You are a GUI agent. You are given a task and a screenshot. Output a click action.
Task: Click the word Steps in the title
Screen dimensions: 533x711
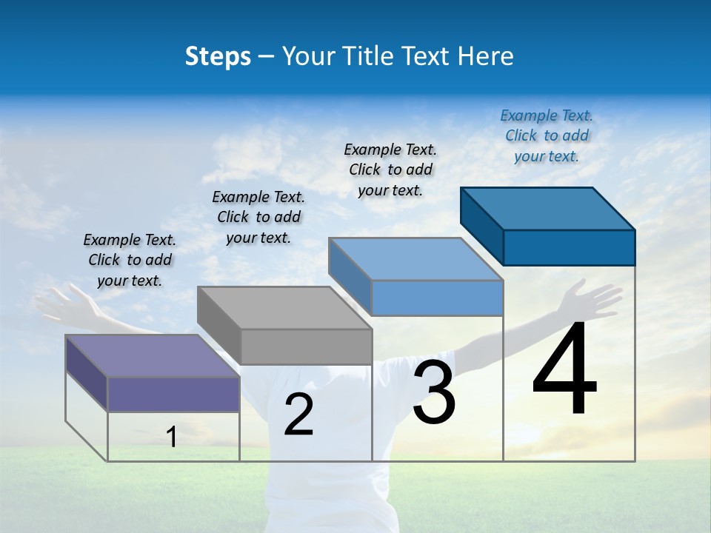click(x=218, y=56)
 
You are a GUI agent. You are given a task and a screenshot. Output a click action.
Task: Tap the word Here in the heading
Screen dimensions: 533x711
click(x=486, y=56)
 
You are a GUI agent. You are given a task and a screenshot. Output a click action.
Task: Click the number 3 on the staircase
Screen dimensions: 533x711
click(x=433, y=392)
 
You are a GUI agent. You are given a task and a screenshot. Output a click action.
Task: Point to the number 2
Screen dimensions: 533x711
click(x=298, y=415)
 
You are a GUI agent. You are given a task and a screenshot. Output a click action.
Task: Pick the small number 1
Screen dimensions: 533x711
click(x=172, y=437)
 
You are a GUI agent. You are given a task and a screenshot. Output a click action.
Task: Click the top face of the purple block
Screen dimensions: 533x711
click(x=152, y=355)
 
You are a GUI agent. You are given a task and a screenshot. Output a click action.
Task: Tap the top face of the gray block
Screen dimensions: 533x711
click(x=284, y=307)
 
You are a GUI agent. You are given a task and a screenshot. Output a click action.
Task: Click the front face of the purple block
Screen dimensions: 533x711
click(x=173, y=394)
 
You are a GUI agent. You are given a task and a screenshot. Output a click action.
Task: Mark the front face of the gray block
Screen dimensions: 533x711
click(x=306, y=346)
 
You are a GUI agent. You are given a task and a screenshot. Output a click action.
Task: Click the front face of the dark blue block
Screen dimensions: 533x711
click(x=569, y=247)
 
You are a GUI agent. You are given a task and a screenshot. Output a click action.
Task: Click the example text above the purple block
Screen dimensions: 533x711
click(x=130, y=260)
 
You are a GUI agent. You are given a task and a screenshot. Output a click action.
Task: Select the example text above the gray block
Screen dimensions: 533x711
click(x=258, y=217)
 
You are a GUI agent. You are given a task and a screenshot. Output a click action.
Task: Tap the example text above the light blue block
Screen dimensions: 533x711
click(x=390, y=170)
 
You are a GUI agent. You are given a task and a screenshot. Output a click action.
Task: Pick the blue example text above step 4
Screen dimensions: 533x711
click(x=547, y=135)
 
